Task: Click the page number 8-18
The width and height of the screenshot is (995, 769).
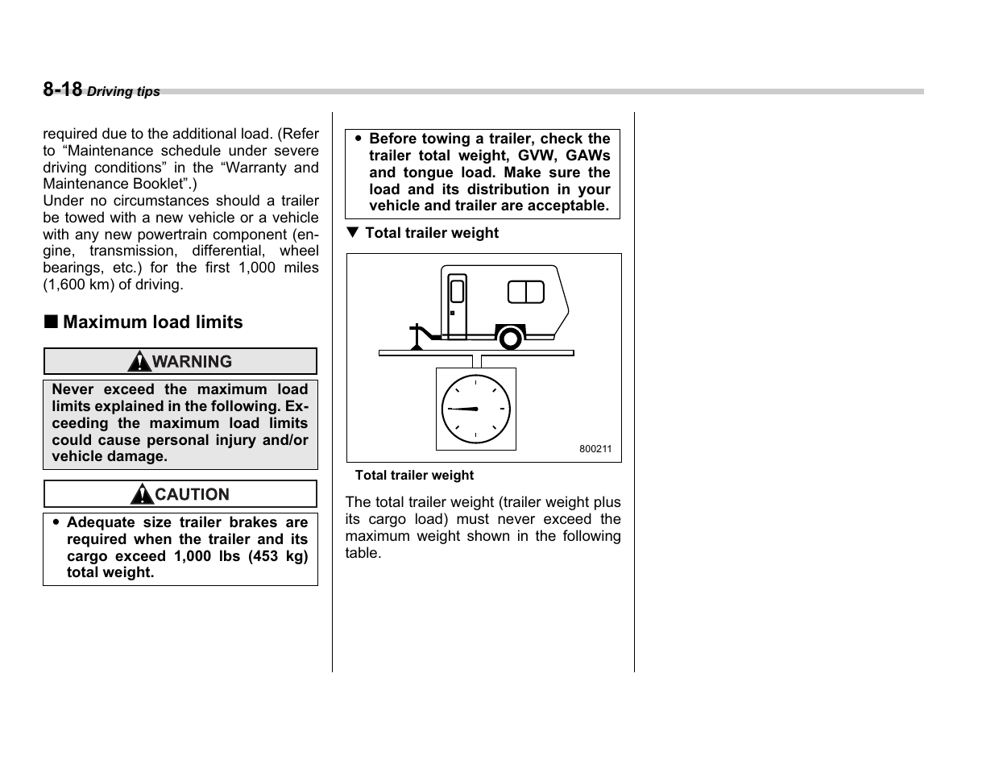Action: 62,89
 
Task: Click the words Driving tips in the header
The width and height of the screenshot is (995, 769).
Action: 123,92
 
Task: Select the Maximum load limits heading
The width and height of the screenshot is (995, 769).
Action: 152,322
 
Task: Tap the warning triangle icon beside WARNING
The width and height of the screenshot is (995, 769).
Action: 139,362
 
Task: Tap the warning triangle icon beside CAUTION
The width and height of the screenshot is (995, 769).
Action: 142,494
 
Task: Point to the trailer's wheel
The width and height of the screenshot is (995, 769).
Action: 509,338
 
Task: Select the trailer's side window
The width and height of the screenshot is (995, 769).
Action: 525,292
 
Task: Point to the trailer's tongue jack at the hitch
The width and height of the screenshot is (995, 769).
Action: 417,337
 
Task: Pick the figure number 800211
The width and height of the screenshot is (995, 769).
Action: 595,449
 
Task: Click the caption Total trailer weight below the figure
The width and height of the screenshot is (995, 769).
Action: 414,476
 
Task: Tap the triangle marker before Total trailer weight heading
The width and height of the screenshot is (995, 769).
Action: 352,233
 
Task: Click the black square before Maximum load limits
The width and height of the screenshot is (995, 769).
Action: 51,322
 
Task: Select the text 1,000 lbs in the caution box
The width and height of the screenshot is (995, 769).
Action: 207,556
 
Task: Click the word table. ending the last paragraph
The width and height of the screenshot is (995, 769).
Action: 363,553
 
